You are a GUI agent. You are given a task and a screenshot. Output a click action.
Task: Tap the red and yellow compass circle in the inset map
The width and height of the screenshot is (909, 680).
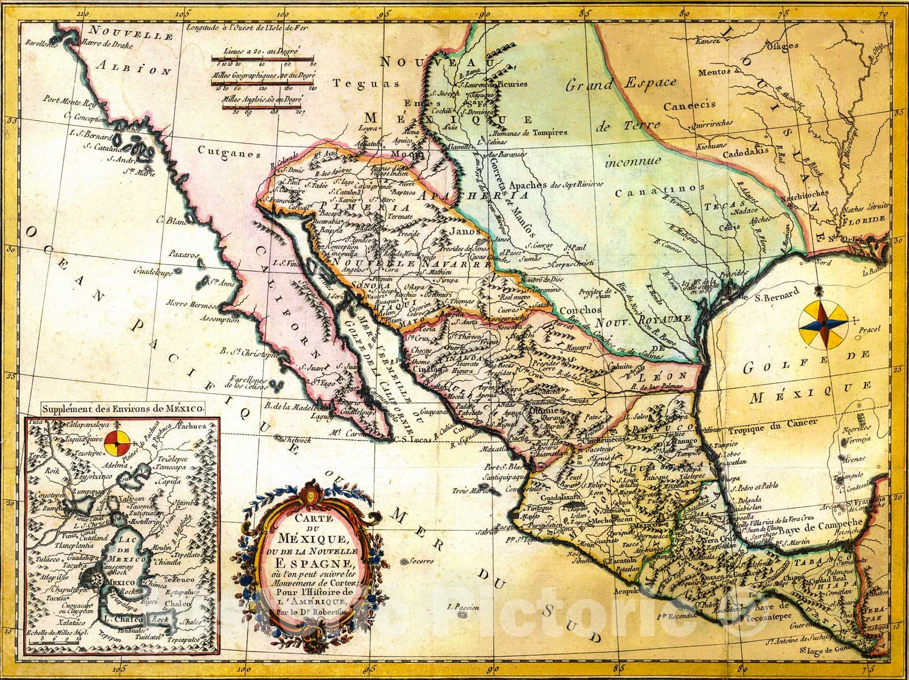click(x=117, y=440)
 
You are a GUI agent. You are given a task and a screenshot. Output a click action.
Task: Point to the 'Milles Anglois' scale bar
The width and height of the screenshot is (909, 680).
click(x=261, y=106)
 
